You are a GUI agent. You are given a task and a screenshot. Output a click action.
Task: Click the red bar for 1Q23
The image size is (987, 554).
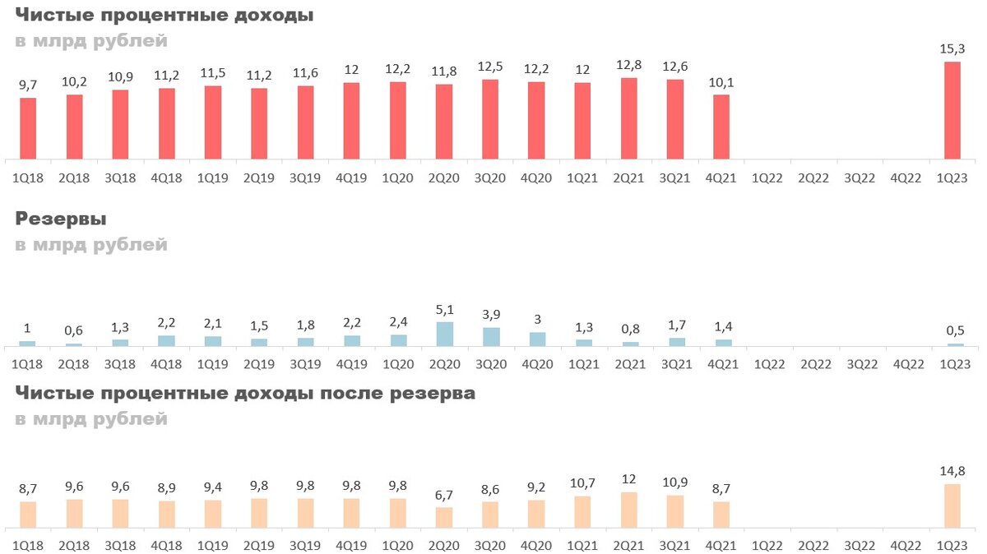pyautogui.click(x=952, y=110)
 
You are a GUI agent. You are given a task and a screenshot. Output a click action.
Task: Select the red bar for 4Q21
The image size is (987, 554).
pyautogui.click(x=721, y=127)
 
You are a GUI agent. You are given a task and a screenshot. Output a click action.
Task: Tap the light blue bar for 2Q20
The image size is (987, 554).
pyautogui.click(x=444, y=334)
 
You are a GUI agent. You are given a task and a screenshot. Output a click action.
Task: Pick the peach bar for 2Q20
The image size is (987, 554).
pyautogui.click(x=444, y=517)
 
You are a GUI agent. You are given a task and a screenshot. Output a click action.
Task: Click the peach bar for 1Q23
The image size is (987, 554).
pyautogui.click(x=952, y=506)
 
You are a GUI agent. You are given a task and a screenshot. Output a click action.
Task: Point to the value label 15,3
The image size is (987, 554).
pyautogui.click(x=952, y=49)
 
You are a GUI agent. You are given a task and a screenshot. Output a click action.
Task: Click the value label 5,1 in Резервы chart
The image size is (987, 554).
pyautogui.click(x=444, y=310)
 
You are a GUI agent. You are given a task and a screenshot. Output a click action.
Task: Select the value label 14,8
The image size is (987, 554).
pyautogui.click(x=952, y=471)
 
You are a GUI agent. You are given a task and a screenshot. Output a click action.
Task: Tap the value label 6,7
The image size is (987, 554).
pyautogui.click(x=444, y=495)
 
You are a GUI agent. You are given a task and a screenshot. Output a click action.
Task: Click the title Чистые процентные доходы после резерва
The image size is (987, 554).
pyautogui.click(x=245, y=394)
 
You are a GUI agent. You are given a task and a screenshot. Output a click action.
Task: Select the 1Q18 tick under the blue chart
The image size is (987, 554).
pyautogui.click(x=28, y=362)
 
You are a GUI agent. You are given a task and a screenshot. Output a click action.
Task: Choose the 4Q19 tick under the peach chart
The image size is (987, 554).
pyautogui.click(x=352, y=545)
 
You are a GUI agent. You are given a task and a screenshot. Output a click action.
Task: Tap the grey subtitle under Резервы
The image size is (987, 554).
pyautogui.click(x=91, y=245)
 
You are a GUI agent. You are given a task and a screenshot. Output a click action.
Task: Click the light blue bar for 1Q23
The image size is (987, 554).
pyautogui.click(x=952, y=344)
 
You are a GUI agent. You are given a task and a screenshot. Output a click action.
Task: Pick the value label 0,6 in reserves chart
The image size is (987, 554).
pyautogui.click(x=74, y=331)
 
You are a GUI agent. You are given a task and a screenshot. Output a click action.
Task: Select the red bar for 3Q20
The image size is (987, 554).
pyautogui.click(x=490, y=119)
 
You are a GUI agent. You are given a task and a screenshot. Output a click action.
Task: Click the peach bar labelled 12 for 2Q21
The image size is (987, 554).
pyautogui.click(x=629, y=510)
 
